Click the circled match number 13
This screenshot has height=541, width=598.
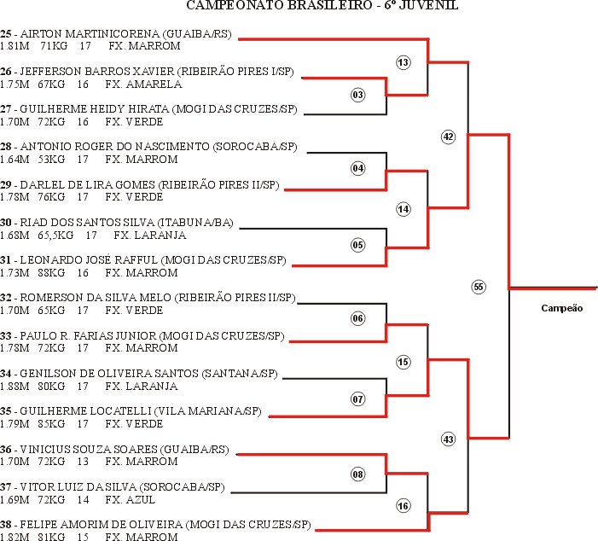pos(404,62)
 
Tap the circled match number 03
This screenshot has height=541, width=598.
pos(357,95)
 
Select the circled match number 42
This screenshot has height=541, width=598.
pos(448,137)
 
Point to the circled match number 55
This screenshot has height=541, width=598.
pos(479,287)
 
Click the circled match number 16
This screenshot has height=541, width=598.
pos(404,506)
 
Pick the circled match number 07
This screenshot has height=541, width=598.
pos(357,399)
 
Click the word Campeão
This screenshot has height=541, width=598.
pos(562,308)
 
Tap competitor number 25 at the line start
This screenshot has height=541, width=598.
pos(6,34)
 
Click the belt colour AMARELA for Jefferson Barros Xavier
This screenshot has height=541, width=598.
pos(154,84)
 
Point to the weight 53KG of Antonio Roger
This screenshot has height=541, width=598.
pos(51,160)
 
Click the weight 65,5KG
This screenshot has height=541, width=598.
pos(55,236)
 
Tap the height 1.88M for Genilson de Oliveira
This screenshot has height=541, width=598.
pos(15,387)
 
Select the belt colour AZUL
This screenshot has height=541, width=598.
pos(141,500)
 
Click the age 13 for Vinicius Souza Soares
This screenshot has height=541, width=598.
pos(83,462)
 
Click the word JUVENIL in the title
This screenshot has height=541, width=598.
pos(428,5)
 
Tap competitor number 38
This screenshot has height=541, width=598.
pos(6,525)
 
